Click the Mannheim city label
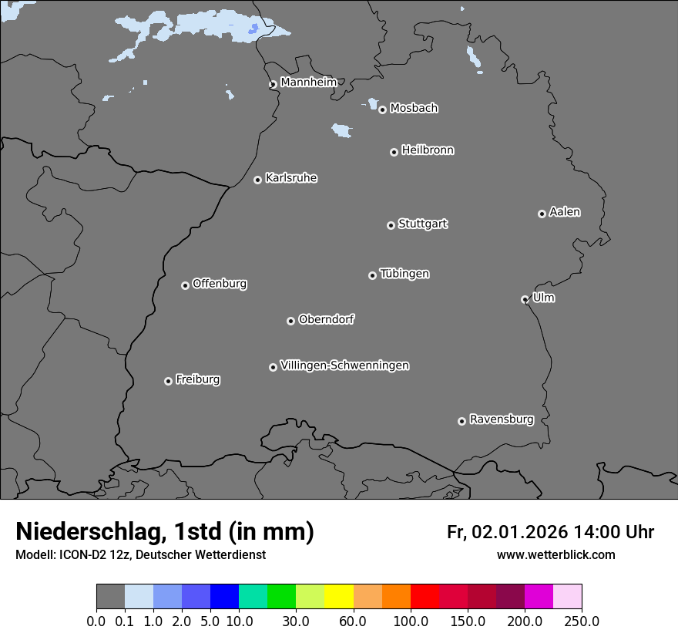click(x=308, y=83)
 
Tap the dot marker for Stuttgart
click(x=391, y=225)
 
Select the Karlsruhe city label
click(x=291, y=178)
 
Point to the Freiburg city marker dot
click(x=168, y=381)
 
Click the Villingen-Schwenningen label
click(x=344, y=365)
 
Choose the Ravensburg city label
click(x=502, y=419)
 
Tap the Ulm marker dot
click(x=525, y=299)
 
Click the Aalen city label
click(x=565, y=212)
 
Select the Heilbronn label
click(x=428, y=150)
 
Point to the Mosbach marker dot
click(x=382, y=109)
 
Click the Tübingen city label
click(x=404, y=274)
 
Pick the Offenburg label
click(x=220, y=284)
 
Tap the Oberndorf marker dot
click(x=290, y=321)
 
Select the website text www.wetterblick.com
click(x=556, y=555)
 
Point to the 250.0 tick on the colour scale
click(x=582, y=621)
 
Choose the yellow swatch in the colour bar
click(x=339, y=597)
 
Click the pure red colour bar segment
click(x=425, y=597)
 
